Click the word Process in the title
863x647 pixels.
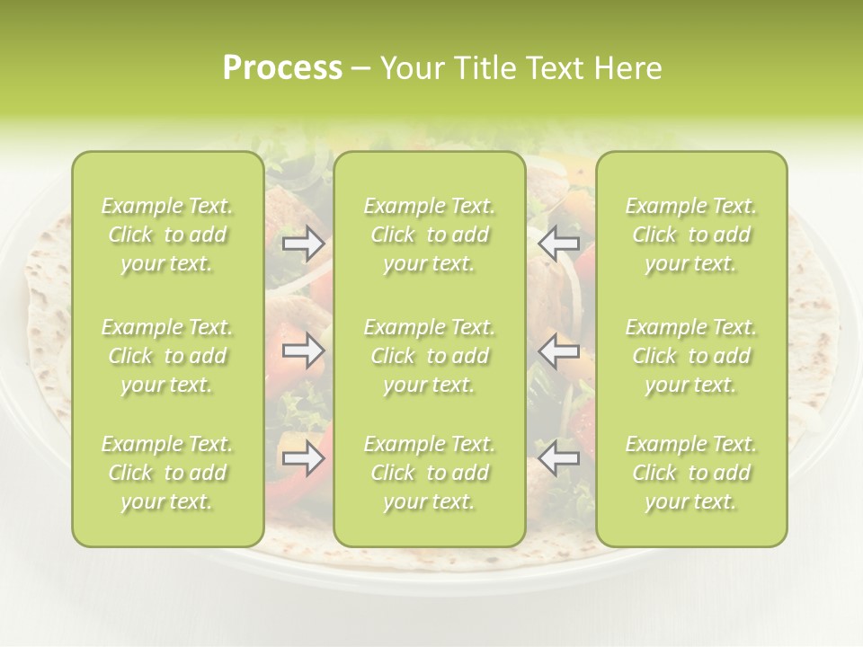(282, 68)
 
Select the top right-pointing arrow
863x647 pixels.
(303, 244)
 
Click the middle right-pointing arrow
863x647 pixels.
(303, 351)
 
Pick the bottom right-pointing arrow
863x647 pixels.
(303, 459)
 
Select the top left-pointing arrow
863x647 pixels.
(559, 244)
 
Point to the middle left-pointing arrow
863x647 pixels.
(559, 351)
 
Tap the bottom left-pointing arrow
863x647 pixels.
(559, 459)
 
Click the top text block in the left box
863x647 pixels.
(167, 235)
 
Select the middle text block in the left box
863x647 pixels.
(167, 356)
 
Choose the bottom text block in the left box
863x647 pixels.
(167, 473)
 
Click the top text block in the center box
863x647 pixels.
(429, 235)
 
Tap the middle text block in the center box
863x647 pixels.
(429, 356)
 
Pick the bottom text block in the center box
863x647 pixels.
(429, 473)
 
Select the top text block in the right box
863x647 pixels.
(691, 235)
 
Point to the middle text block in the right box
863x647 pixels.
(691, 356)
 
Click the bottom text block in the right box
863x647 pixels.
(691, 473)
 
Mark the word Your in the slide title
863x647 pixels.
(412, 68)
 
